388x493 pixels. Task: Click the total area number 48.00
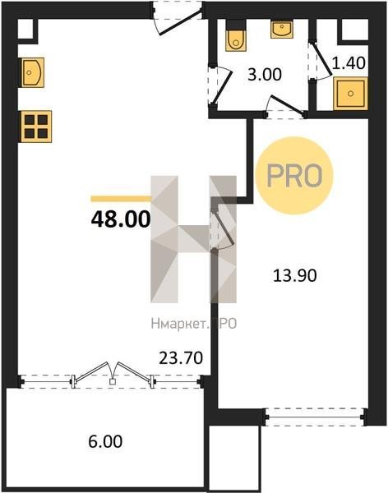point(121,219)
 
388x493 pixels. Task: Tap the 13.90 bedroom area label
point(294,276)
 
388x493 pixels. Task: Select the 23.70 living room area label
point(181,358)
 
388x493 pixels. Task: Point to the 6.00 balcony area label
point(105,442)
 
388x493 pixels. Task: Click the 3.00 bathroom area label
point(265,75)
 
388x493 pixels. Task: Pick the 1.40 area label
point(349,63)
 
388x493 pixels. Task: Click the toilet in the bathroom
point(236,35)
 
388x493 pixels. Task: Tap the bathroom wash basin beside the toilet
point(282,30)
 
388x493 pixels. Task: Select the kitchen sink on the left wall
point(33,72)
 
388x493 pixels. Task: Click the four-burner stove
point(36,127)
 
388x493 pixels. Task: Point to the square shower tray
point(350,94)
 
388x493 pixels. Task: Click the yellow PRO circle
point(294,176)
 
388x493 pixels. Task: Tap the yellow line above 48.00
point(121,198)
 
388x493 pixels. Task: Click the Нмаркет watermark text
point(193,324)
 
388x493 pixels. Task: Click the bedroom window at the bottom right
point(315,417)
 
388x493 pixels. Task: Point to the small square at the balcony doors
point(113,382)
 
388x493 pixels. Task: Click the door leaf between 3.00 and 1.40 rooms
point(321,59)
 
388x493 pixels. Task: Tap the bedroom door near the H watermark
point(224,227)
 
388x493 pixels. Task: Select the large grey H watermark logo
point(193,239)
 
